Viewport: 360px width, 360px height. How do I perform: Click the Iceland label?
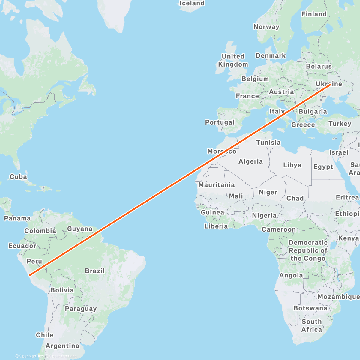coord(192,3)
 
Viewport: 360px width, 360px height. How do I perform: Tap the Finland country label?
coord(314,14)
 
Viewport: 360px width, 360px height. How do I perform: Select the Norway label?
coord(266,27)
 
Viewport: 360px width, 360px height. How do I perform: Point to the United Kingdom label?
coord(233,60)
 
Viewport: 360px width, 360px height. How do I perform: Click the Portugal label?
coord(220,122)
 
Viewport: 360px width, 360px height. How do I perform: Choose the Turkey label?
coord(340,124)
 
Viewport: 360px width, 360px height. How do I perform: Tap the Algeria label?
coord(250,161)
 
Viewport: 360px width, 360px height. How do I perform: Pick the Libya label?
coord(292,165)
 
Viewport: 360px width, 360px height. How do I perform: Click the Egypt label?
coord(323,167)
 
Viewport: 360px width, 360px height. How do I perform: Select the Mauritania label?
coord(216,185)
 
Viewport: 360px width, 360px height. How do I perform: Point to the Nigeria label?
coord(264,215)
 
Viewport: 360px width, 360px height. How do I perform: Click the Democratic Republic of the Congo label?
coord(308,250)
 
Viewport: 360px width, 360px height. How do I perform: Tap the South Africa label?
coord(312,325)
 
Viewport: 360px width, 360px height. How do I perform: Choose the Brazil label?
coord(95,271)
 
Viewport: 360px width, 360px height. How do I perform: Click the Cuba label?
coord(18,177)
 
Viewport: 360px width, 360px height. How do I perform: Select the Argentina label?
coord(62,346)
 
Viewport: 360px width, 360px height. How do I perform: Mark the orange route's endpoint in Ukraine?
coord(330,85)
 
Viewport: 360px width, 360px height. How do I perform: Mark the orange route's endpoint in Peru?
coord(30,274)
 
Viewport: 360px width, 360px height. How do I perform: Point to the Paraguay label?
coord(81,309)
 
